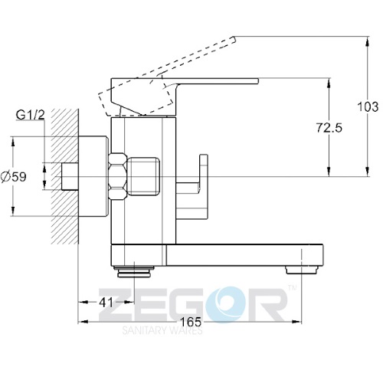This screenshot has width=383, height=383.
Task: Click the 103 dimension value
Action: [368, 106]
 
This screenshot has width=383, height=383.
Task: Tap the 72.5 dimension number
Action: [329, 128]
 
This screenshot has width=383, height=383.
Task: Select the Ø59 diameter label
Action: [14, 177]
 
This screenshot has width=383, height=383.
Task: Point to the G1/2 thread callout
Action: [30, 115]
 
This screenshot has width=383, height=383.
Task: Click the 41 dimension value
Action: [106, 303]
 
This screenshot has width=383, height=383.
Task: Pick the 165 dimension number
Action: [191, 322]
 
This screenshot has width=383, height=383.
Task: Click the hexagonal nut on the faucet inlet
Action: [118, 176]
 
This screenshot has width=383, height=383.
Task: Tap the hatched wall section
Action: [64, 176]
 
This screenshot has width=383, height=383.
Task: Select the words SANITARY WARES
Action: [162, 330]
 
